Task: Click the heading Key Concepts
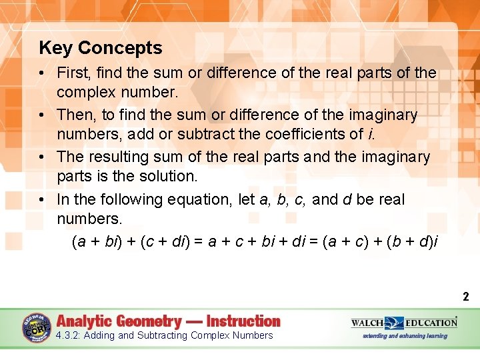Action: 101,48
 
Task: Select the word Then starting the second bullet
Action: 76,115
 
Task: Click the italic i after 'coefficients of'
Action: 371,133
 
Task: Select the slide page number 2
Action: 466,297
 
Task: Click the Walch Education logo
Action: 404,323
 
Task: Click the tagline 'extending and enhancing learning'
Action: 405,336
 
